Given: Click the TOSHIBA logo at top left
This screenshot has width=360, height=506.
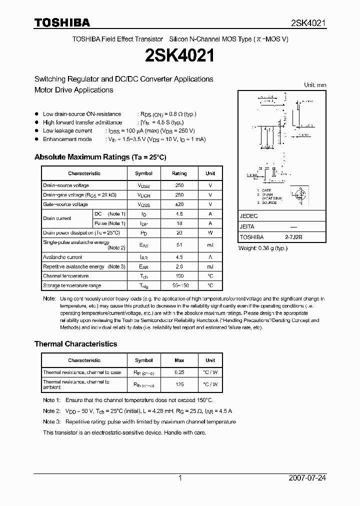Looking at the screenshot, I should point(62,22).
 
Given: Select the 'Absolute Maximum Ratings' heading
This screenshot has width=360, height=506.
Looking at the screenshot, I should point(100,157).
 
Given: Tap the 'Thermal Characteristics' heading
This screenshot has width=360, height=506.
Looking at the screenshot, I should point(75,344).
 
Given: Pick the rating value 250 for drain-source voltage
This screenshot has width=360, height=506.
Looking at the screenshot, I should point(179,185).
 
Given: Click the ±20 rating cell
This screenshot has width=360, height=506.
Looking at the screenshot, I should point(179,204).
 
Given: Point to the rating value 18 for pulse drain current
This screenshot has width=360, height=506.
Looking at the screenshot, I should point(179,223).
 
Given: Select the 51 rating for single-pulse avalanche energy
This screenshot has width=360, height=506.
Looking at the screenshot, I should point(179,245).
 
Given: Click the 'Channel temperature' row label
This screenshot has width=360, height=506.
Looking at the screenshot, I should point(66,276).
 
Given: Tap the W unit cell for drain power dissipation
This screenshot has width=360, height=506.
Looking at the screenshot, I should point(210,233).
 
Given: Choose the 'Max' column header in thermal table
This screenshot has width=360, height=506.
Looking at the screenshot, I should point(179,360).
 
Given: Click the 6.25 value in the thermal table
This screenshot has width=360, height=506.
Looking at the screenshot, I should point(179,372).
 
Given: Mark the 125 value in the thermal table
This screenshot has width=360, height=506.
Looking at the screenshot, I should point(179,384).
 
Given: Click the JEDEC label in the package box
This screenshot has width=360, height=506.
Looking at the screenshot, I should point(249,216).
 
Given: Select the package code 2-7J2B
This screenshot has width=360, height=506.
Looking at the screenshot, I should point(295,237).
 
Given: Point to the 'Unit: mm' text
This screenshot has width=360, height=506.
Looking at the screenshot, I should point(315,85).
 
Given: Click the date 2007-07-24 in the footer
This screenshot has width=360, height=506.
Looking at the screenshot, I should point(307,478).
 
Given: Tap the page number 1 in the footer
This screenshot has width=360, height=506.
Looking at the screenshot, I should point(180,478).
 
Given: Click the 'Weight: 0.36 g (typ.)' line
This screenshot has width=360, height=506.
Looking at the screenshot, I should point(263,248).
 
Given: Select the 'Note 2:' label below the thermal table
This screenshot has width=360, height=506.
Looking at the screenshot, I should point(51,411).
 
